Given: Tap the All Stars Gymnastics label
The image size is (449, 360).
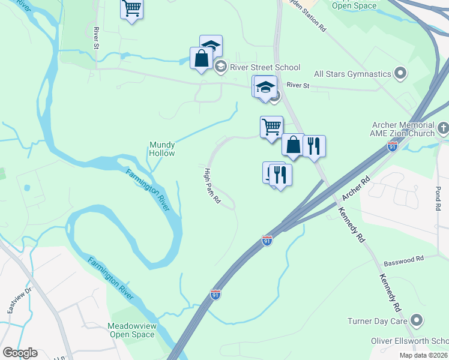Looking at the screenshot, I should pos(352,74).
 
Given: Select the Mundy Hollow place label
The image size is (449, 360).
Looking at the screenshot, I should pos(162,149).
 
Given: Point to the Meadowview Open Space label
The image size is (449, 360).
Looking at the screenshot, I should pos(132,330).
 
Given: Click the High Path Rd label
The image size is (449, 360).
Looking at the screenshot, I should pos(211,186).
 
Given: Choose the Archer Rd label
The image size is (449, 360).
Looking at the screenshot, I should pos(355,188).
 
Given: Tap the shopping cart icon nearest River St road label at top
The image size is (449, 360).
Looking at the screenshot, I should pos(132,9).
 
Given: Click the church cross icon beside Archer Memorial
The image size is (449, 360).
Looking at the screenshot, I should pos(443,127).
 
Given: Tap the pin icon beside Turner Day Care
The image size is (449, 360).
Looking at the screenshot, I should pos(415,321).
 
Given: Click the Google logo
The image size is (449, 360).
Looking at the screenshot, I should pos(20,353).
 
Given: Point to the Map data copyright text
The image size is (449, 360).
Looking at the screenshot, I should pos(423,355).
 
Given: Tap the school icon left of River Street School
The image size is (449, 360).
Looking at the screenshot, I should pos(220,67).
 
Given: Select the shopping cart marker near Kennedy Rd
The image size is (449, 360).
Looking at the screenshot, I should pos(271,127).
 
